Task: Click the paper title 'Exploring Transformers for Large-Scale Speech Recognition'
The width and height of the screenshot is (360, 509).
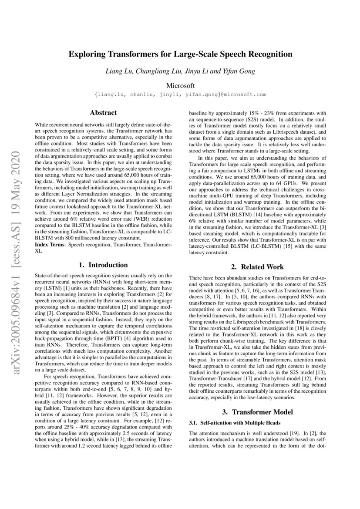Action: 180,54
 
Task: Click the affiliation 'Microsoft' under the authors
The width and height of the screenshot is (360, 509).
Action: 180,85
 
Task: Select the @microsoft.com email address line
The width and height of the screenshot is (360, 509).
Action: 180,94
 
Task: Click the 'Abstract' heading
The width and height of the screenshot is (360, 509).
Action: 103,113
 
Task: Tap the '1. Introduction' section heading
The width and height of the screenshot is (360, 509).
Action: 103,265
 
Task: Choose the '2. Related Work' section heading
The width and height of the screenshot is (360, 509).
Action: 257,267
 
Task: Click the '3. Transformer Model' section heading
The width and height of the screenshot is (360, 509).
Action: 257,412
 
